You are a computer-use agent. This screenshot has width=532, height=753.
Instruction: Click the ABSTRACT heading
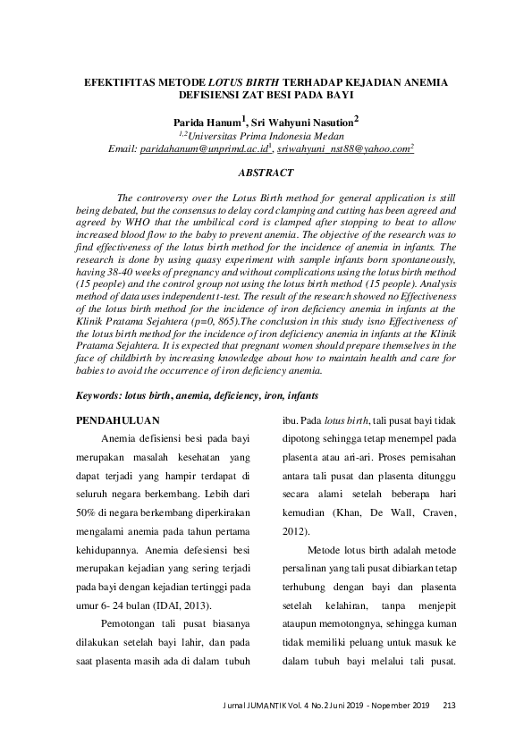click(266, 171)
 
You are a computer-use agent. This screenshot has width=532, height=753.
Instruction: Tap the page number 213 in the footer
click(449, 707)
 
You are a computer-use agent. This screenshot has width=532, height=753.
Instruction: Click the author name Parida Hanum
click(203, 121)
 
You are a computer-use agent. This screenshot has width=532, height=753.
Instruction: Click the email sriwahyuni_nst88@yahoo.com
click(342, 149)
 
